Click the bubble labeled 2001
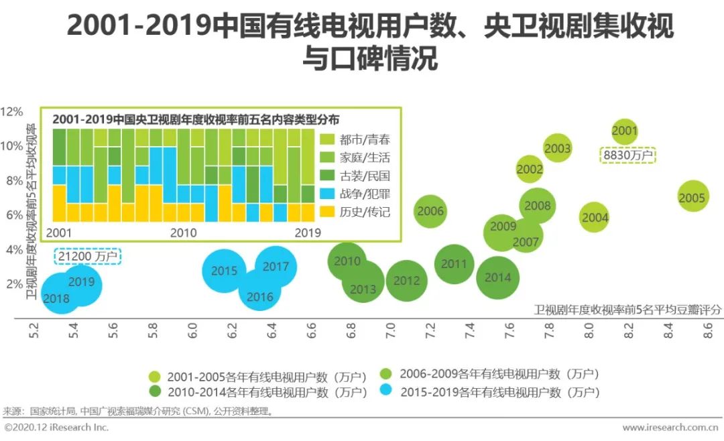coord(624,131)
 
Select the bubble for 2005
coord(692,198)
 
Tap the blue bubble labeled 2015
coord(224,271)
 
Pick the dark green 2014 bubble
coord(498,277)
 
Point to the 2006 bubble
coord(430,211)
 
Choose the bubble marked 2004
coord(595,217)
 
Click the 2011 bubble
coord(454,264)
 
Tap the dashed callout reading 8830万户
coord(628,155)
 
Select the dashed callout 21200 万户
coord(87,256)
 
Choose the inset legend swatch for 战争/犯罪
coord(327,194)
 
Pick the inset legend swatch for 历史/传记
coord(327,212)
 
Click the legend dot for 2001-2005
coord(154,376)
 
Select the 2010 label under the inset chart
coord(183,233)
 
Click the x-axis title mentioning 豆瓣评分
coord(627,309)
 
